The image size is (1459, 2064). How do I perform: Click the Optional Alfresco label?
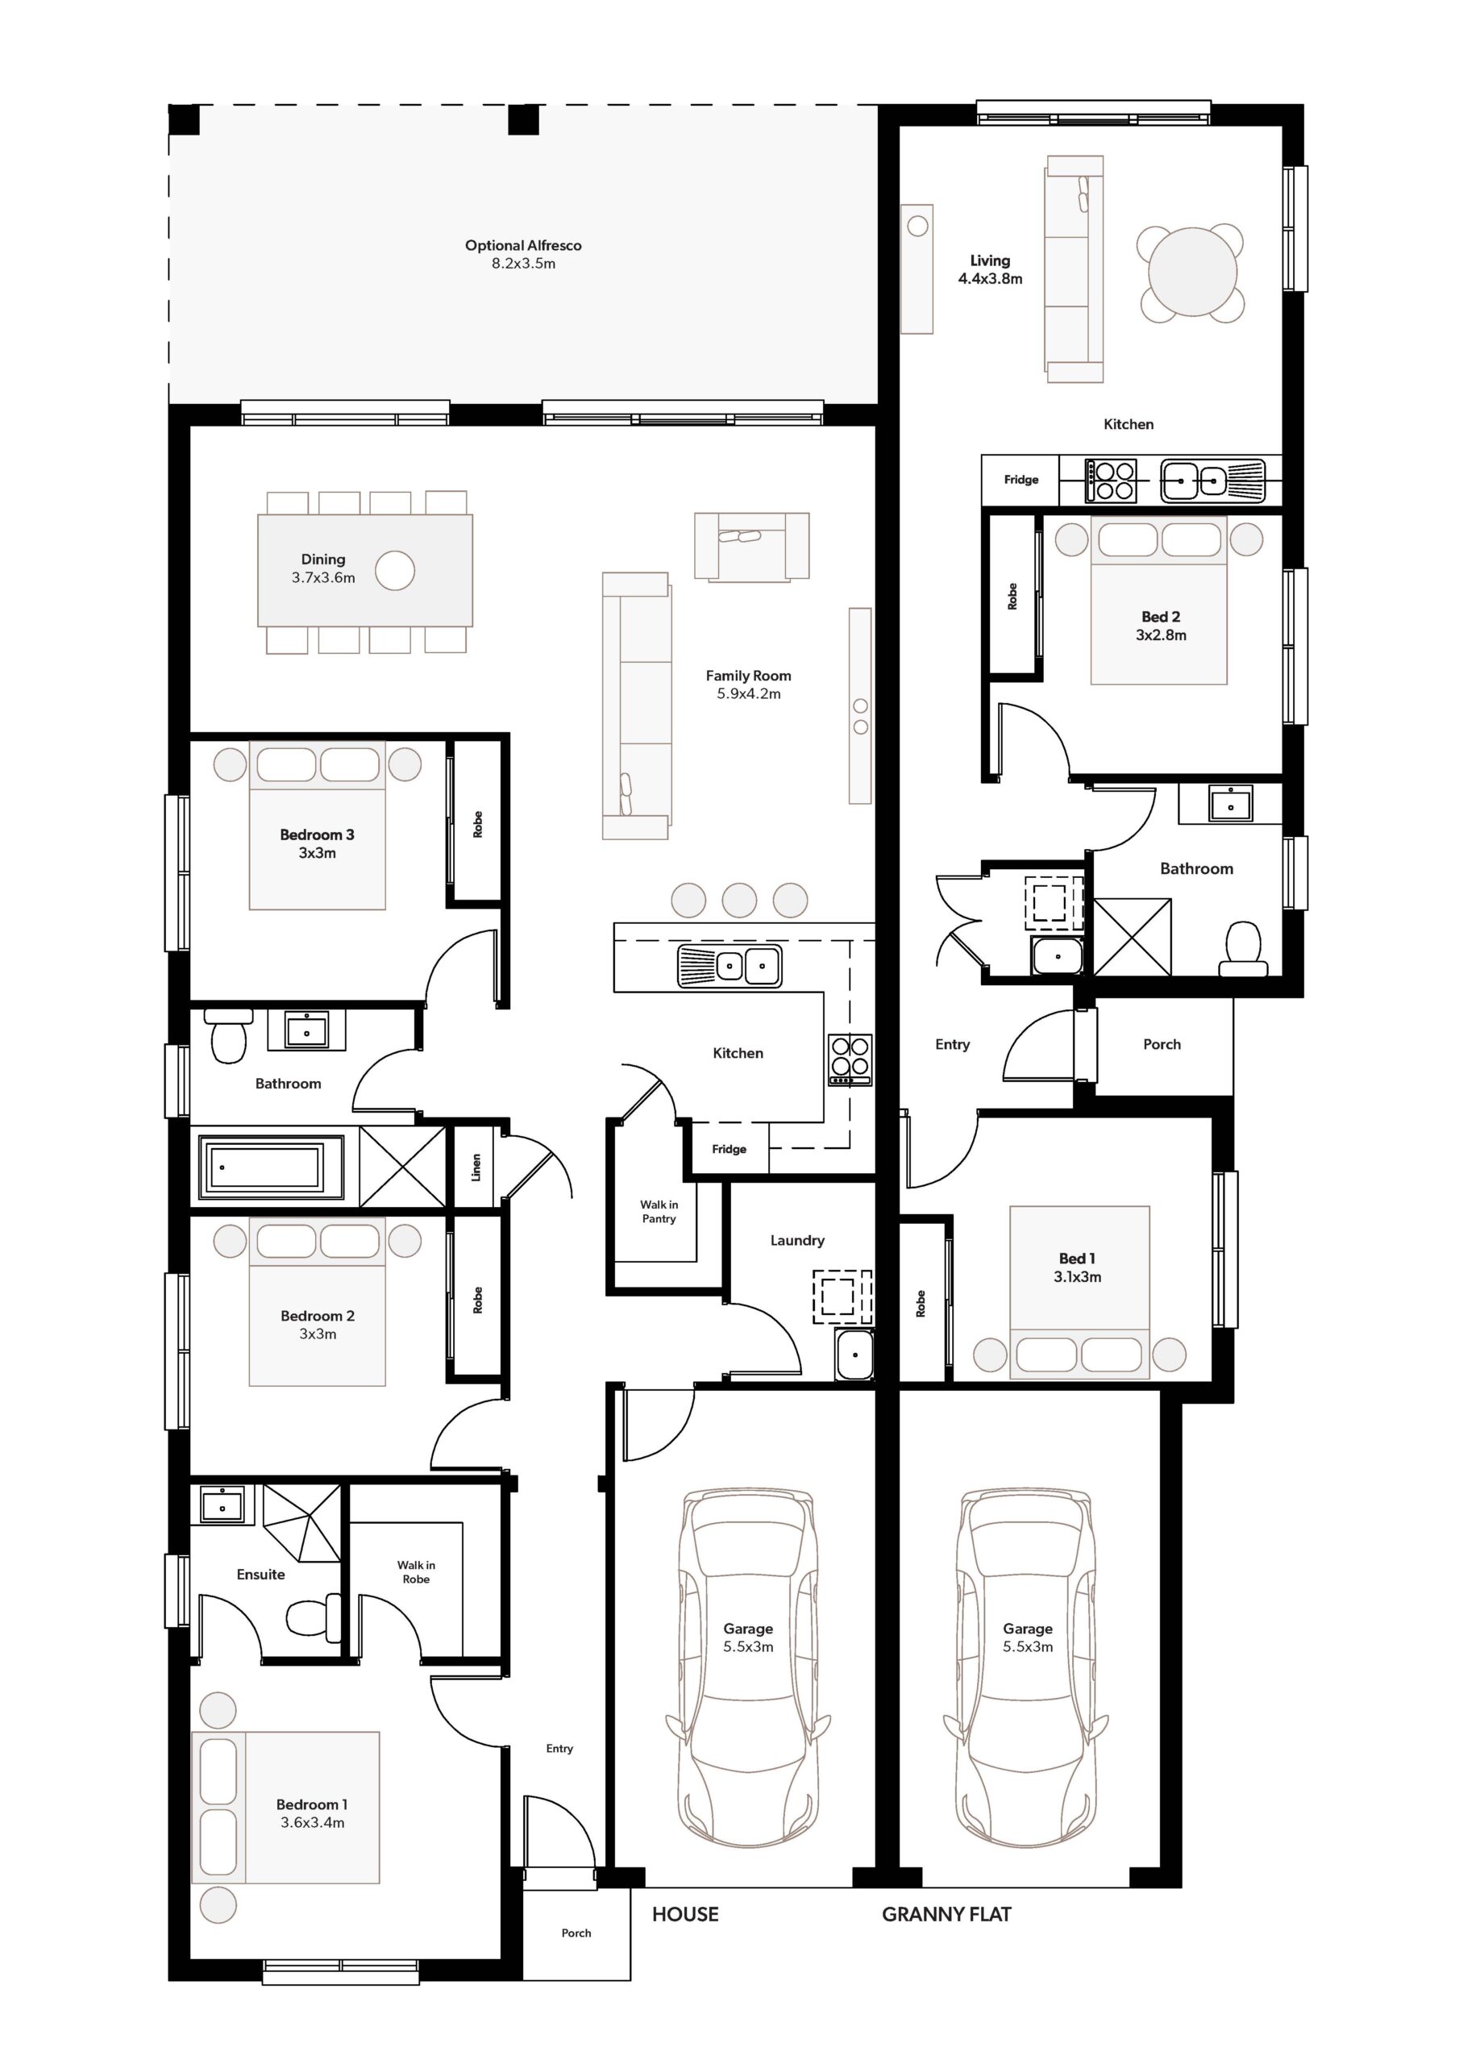coord(523,245)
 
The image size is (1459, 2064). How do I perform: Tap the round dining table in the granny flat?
coord(1192,273)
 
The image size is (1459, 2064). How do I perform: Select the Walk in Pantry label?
coord(659,1212)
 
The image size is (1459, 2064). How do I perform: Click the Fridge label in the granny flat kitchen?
coord(1021,480)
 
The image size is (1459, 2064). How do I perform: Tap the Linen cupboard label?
coord(476,1167)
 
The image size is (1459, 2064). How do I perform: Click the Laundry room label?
coord(797,1241)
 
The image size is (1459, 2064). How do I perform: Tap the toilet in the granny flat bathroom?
coord(1244,948)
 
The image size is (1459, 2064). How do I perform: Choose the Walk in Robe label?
coord(416,1571)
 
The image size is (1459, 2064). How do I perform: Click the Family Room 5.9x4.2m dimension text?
coord(749,694)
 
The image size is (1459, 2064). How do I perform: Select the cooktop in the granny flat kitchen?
coord(1112,480)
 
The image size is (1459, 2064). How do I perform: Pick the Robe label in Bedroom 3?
coord(477,824)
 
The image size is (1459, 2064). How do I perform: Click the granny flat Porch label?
coord(1162,1045)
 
